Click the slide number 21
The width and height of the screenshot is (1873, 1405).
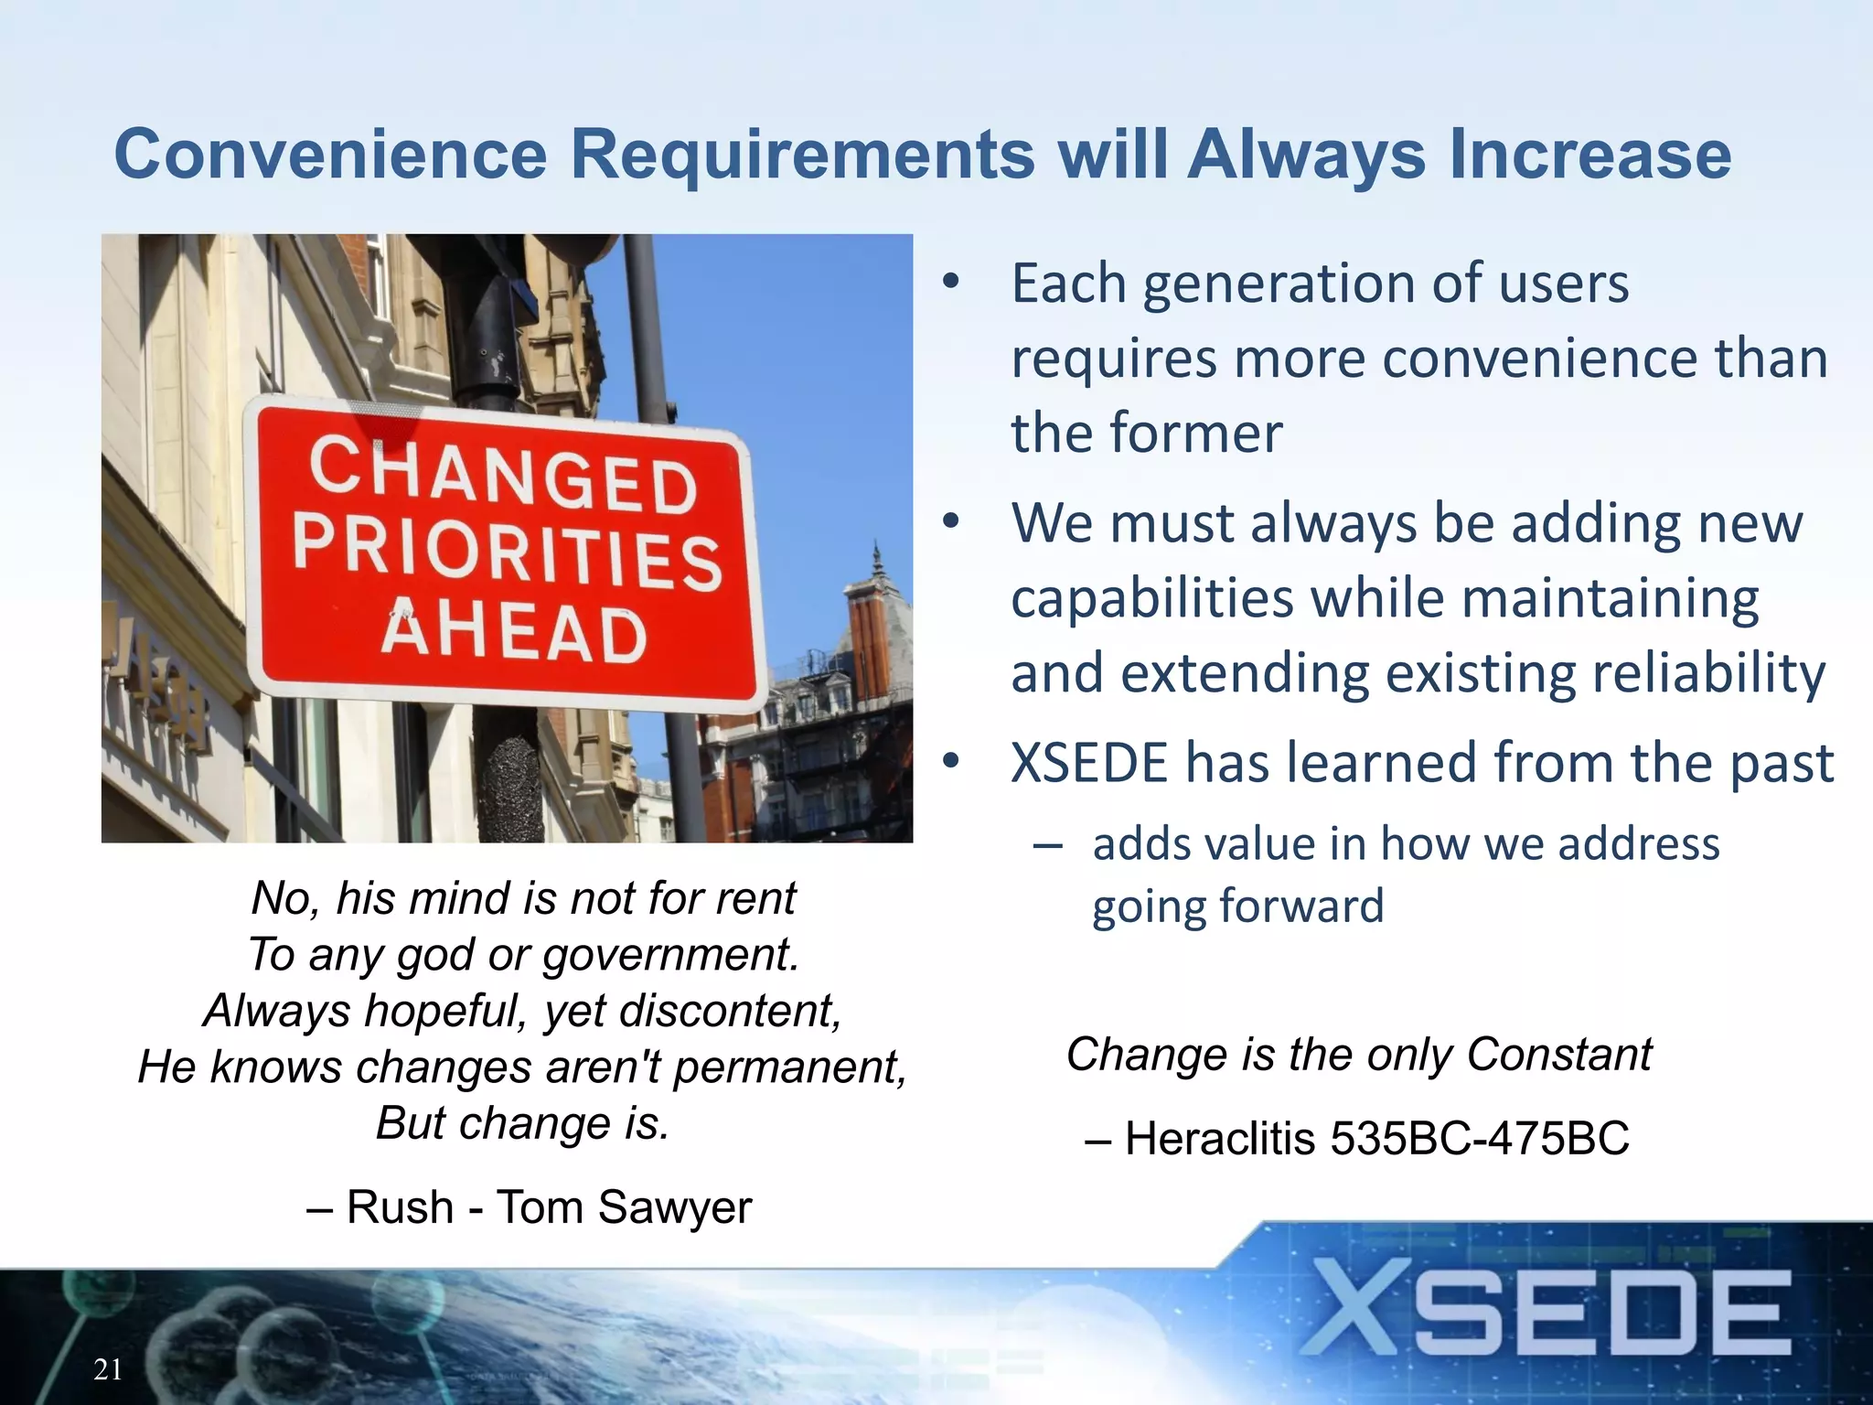108,1369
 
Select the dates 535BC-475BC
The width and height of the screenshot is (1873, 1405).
1479,1139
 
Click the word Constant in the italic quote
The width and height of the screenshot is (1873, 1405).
1559,1054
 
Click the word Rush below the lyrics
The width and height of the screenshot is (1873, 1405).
400,1207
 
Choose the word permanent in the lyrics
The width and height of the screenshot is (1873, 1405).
790,1067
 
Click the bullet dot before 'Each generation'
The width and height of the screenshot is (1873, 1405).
951,283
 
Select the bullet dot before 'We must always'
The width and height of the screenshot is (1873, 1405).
951,522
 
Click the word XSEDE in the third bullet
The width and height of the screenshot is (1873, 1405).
1089,763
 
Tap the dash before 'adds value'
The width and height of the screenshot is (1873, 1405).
1047,844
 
